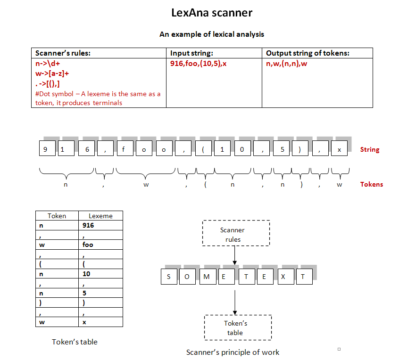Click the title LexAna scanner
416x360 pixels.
(x=212, y=13)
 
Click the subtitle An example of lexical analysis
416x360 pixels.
(x=212, y=34)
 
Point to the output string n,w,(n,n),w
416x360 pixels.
(x=287, y=64)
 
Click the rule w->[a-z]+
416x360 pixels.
(x=52, y=74)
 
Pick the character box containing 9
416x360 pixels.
(x=46, y=149)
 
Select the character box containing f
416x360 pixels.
(x=124, y=149)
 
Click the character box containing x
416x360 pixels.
(x=339, y=149)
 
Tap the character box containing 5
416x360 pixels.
(x=283, y=149)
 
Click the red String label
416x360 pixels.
(x=369, y=150)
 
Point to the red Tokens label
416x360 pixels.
(x=371, y=184)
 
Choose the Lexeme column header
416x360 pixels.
(x=100, y=216)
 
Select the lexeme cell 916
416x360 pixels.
(x=100, y=225)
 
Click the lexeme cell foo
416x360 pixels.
(x=100, y=245)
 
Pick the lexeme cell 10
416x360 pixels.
(x=100, y=274)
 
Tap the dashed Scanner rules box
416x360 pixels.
(x=236, y=233)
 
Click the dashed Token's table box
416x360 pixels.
(x=238, y=327)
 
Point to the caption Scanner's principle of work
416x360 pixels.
(x=233, y=352)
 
